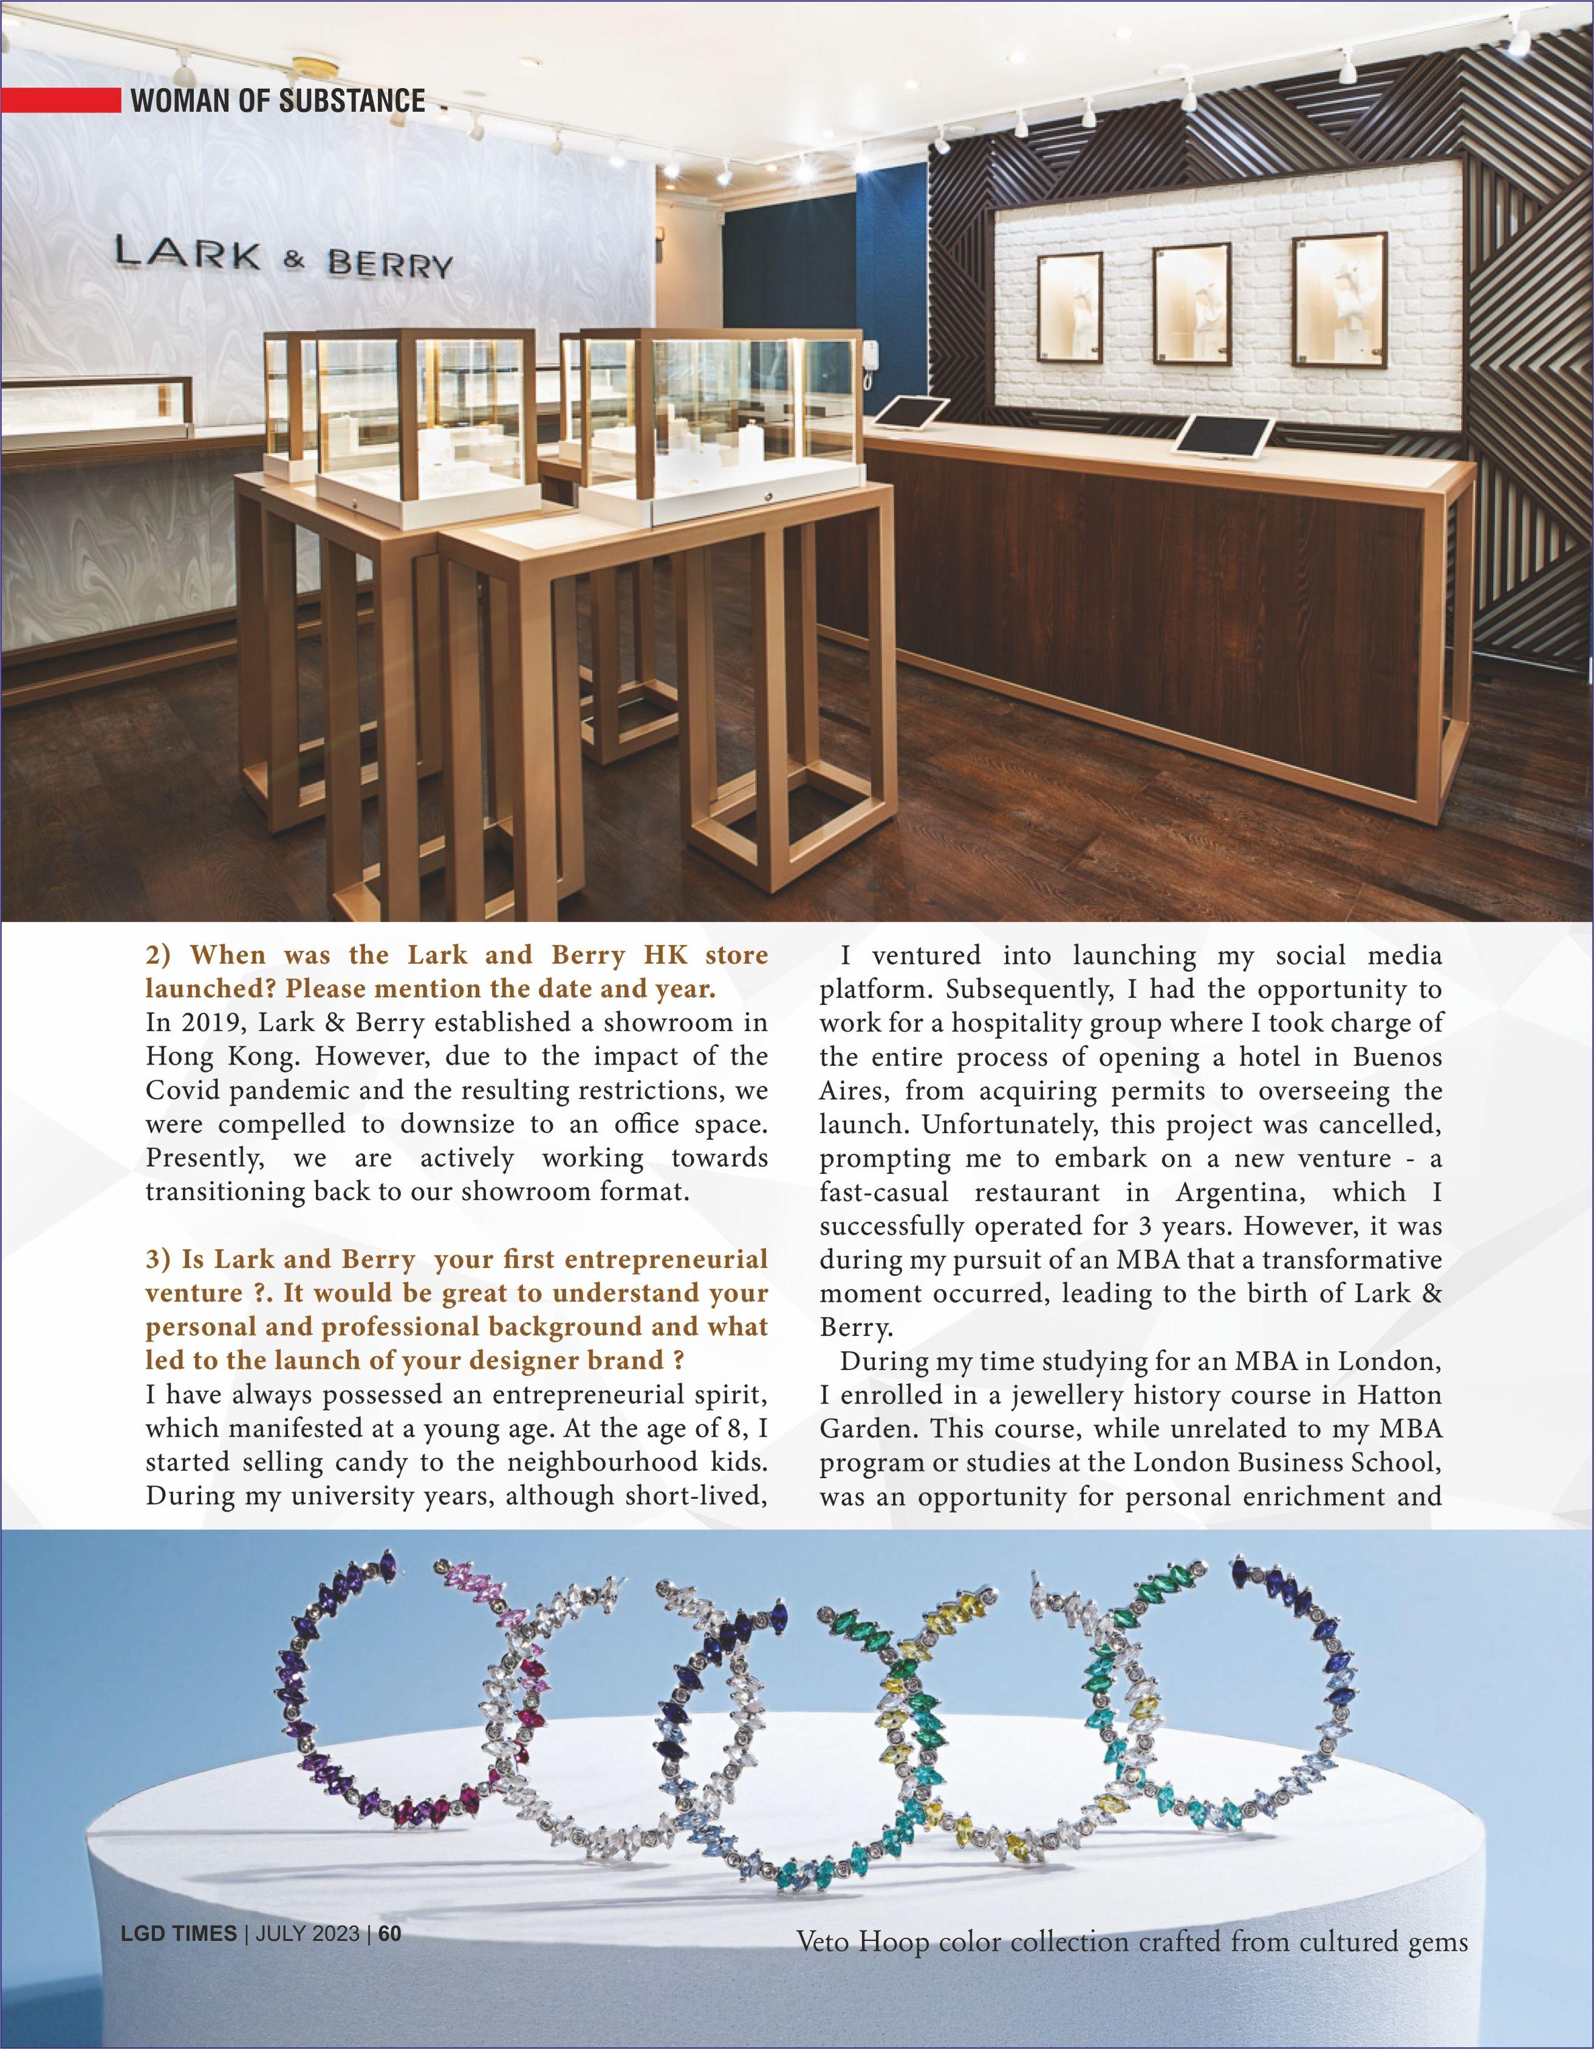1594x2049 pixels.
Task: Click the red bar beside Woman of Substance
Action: pos(61,100)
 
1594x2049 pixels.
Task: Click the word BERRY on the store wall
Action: pos(389,265)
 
